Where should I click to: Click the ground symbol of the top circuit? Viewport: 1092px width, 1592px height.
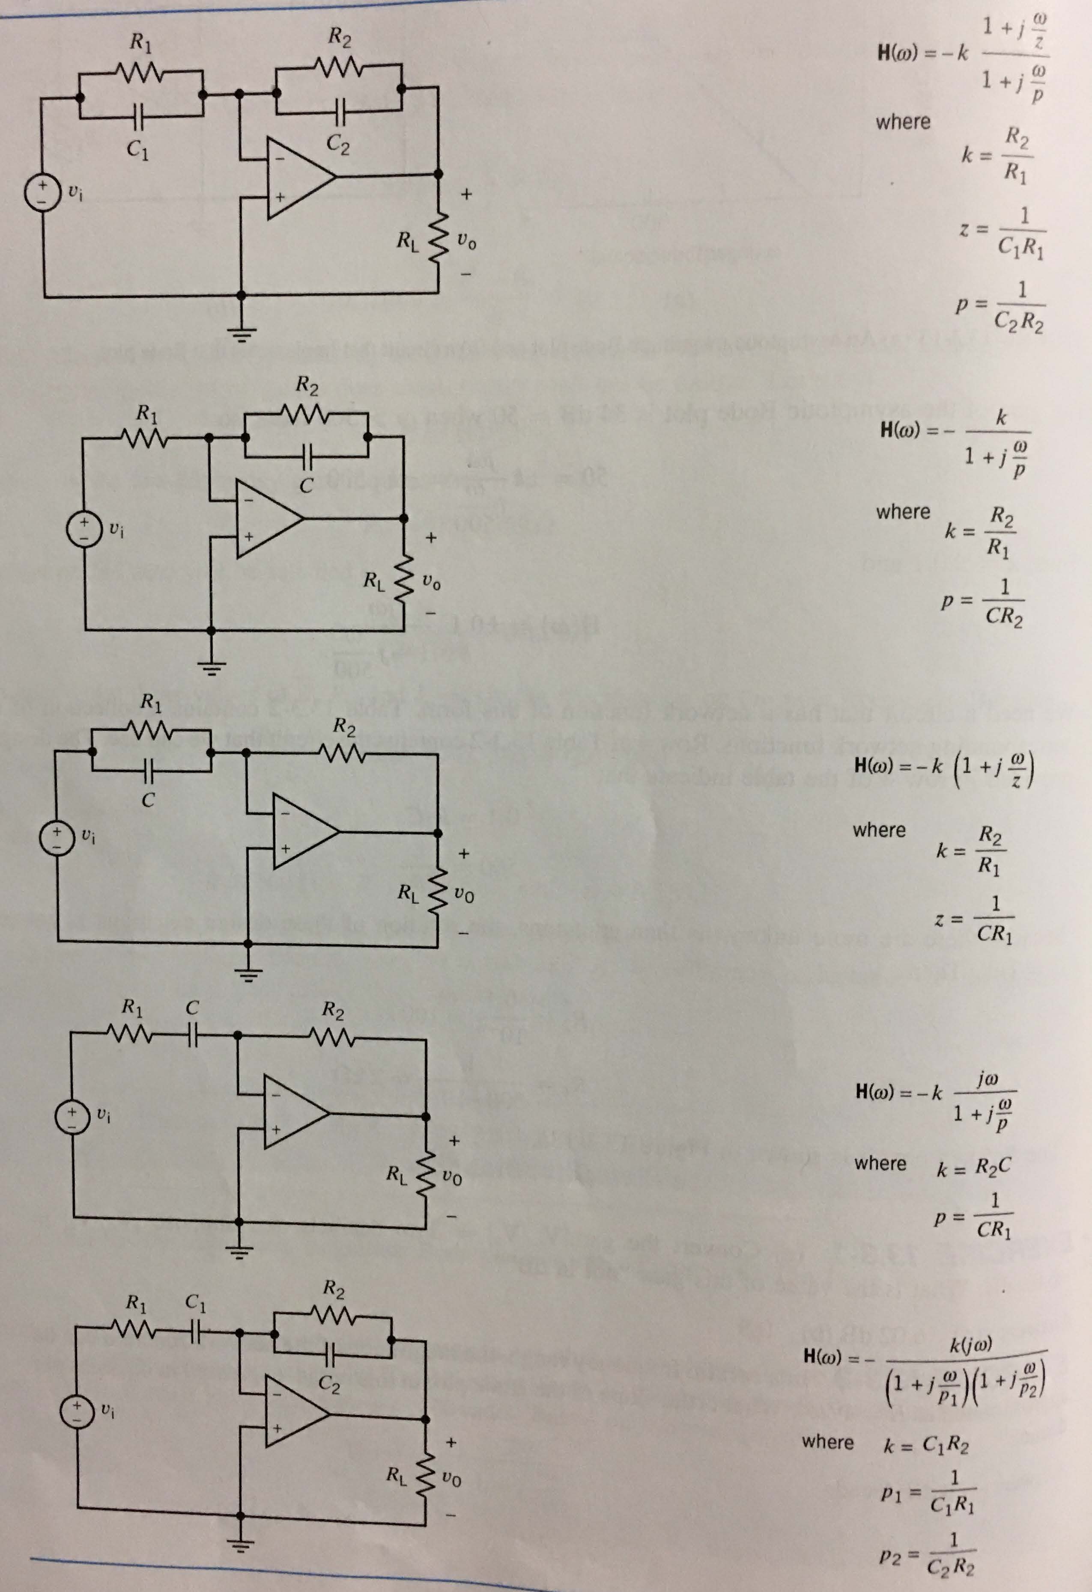[241, 334]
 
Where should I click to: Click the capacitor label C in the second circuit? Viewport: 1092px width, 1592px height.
[307, 486]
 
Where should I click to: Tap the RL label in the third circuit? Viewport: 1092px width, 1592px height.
[409, 892]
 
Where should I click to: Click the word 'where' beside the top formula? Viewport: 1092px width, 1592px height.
[903, 122]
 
